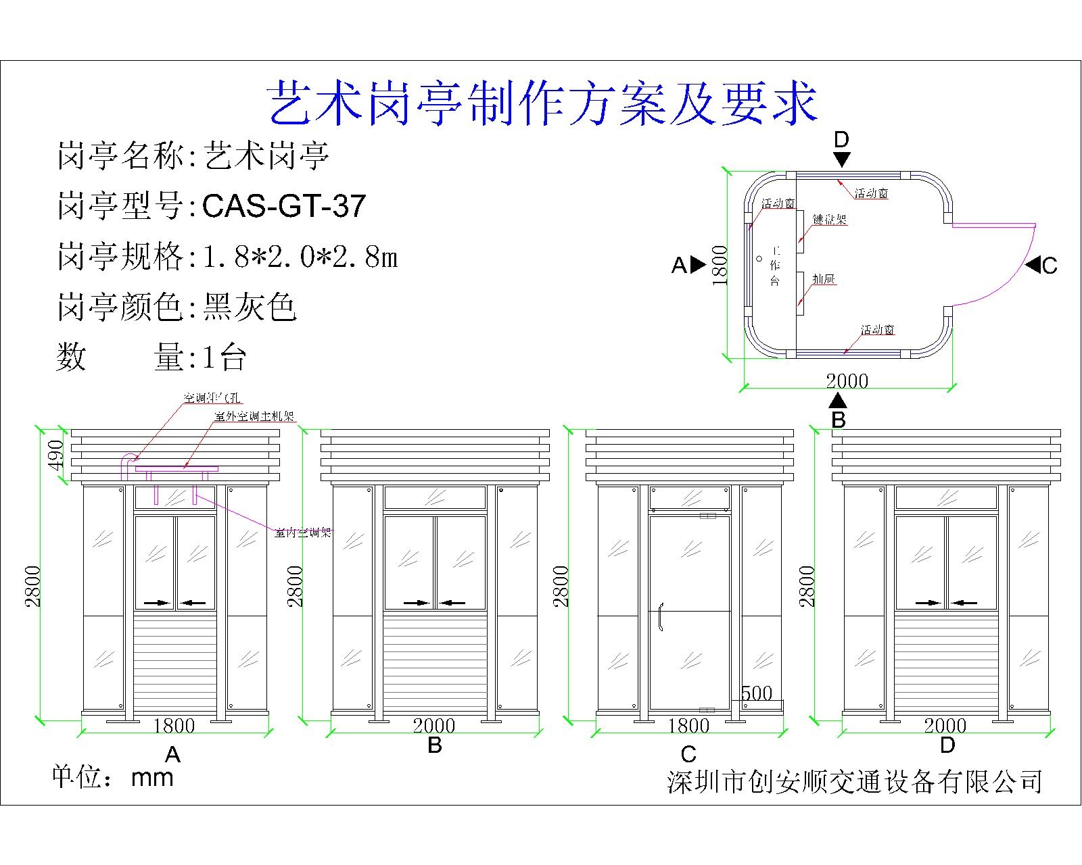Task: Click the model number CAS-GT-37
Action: [284, 205]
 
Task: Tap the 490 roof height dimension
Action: [57, 454]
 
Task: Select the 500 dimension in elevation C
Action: [757, 693]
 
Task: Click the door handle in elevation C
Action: [661, 616]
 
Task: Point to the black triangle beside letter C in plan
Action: [1032, 265]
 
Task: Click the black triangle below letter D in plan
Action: [841, 159]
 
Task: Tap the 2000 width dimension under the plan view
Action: [847, 380]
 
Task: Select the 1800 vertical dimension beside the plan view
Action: [720, 265]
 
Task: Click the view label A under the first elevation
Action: [172, 754]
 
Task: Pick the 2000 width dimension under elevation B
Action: [434, 726]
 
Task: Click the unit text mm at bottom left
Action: [152, 778]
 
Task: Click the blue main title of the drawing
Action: [543, 104]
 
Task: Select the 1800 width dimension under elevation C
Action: [688, 726]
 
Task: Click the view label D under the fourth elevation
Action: [947, 745]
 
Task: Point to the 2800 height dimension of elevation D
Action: [807, 586]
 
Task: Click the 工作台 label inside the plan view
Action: [775, 266]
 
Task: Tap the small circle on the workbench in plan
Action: [759, 258]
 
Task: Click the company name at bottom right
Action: [854, 781]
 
